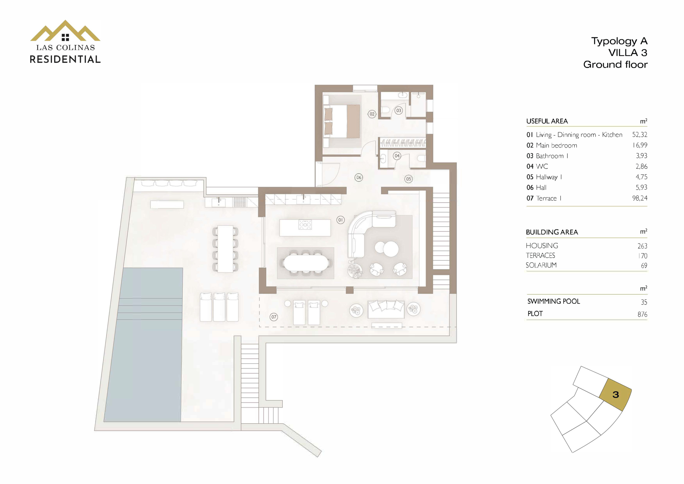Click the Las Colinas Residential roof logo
[65, 31]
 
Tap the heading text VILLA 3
[628, 53]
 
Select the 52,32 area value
[640, 134]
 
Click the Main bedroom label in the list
[556, 145]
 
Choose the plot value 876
[642, 314]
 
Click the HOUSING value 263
[642, 246]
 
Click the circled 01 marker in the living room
[340, 220]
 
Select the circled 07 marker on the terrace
[274, 317]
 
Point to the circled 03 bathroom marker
[399, 111]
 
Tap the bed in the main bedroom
[342, 121]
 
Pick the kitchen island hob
[305, 224]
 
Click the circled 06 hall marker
[359, 178]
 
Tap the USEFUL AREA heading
[547, 121]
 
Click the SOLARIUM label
[541, 265]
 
